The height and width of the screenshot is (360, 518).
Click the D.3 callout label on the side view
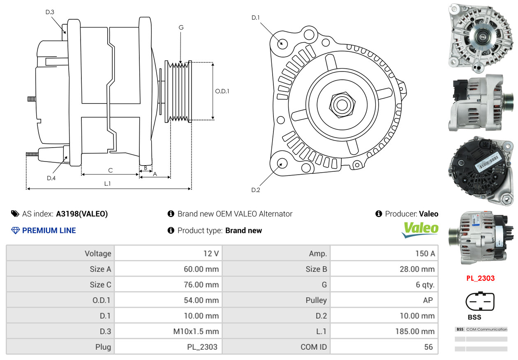point(50,12)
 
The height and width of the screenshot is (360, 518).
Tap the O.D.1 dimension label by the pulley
point(222,91)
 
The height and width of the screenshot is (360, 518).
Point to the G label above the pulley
point(181,28)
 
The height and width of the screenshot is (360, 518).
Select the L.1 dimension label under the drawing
point(107,184)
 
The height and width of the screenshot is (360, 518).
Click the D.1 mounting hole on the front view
point(282,43)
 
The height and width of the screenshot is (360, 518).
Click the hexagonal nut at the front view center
point(342,104)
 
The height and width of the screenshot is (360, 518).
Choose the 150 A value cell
point(425,254)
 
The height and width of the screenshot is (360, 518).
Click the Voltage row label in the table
point(98,254)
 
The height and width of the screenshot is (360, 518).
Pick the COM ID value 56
point(428,347)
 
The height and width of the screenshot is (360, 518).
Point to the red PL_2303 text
point(480,278)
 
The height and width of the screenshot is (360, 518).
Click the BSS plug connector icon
point(480,302)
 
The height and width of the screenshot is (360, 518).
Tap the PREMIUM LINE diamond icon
point(15,231)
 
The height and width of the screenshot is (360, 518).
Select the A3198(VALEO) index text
point(82,214)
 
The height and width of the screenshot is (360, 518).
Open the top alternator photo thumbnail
point(480,36)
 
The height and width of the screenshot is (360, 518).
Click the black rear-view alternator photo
point(480,169)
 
